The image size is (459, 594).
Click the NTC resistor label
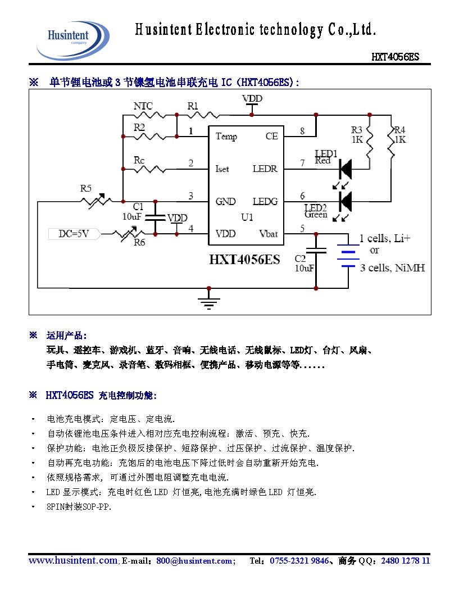(143, 106)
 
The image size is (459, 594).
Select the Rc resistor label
(139, 160)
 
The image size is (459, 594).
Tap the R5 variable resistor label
(85, 188)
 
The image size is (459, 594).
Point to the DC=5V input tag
(74, 234)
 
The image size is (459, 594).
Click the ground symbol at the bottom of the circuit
(209, 302)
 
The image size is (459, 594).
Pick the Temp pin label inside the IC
(226, 137)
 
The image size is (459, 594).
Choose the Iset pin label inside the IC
(222, 169)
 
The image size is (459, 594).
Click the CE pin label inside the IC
(271, 137)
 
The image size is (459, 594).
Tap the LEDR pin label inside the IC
(265, 169)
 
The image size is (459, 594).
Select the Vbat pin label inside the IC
(268, 234)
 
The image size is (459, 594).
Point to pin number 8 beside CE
(302, 132)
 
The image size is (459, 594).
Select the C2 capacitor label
(301, 259)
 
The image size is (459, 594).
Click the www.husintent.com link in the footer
(73, 561)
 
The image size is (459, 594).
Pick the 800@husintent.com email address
(194, 561)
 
